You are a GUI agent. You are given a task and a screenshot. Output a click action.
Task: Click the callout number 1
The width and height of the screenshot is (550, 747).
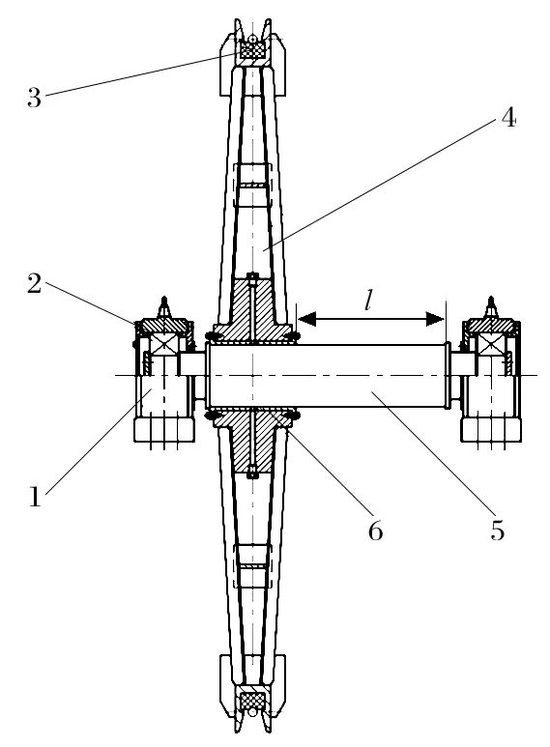click(x=35, y=497)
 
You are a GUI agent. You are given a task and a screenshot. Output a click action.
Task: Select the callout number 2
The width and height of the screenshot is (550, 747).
click(x=35, y=284)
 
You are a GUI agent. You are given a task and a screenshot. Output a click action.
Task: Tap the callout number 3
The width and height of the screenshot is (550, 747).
click(x=35, y=98)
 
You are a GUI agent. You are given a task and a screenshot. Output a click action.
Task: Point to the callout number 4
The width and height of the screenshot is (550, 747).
click(x=508, y=117)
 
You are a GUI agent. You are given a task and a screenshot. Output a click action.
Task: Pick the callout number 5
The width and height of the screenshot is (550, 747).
click(x=498, y=530)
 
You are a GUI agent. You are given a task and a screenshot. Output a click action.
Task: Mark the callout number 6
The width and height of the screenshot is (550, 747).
click(x=376, y=530)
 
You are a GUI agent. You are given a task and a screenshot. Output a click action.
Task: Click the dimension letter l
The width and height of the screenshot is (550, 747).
click(x=367, y=301)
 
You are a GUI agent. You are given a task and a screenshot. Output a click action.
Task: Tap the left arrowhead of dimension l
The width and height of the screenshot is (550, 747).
click(x=307, y=319)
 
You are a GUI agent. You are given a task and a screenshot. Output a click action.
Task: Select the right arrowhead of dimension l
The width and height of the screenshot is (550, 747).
click(x=435, y=319)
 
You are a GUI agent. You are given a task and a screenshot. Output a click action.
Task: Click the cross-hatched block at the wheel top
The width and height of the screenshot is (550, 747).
click(x=252, y=49)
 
